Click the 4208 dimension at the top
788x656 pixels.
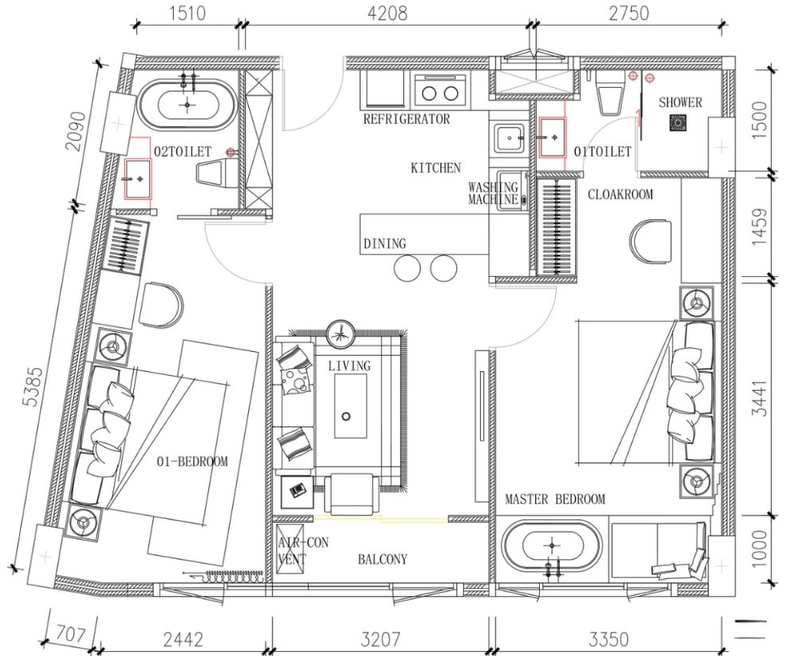point(387,13)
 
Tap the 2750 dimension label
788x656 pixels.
point(628,13)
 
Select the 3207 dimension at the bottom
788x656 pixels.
point(381,639)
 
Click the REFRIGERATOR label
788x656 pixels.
point(407,119)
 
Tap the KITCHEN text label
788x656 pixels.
point(435,168)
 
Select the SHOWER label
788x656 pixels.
point(680,102)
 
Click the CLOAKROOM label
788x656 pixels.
point(621,194)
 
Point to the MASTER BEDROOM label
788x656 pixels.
point(555,499)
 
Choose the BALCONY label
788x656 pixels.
point(383,559)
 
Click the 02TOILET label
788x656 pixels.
point(183,152)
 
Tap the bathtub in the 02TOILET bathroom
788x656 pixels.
point(187,105)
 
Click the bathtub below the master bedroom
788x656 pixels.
point(553,545)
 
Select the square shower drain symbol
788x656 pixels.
point(678,123)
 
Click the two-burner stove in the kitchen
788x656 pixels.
point(440,92)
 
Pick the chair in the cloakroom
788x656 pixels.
point(651,241)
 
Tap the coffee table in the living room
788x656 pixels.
point(350,406)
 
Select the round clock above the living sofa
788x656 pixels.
point(341,334)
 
